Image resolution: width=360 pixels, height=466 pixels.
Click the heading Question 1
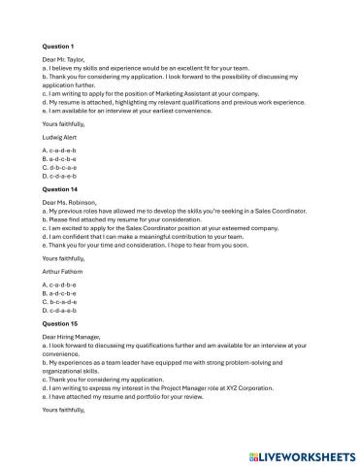coord(59,46)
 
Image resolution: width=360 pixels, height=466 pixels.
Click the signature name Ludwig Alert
coord(64,138)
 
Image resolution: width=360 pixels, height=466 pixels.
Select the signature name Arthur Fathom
coord(67,273)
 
